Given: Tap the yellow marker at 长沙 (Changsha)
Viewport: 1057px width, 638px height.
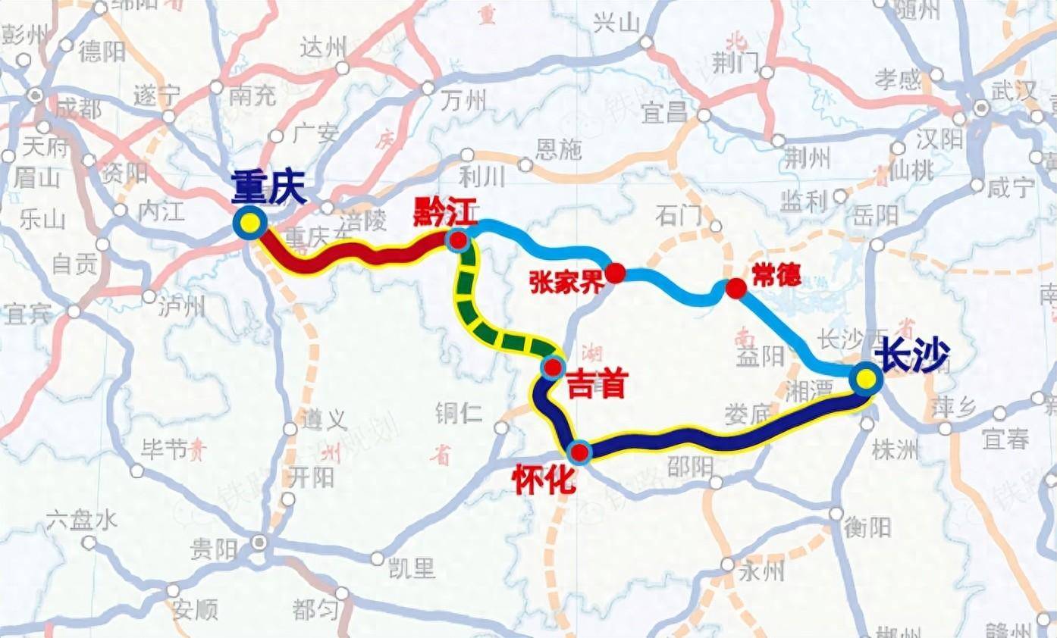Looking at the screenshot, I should pyautogui.click(x=865, y=379).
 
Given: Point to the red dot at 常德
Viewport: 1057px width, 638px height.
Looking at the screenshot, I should pyautogui.click(x=736, y=289).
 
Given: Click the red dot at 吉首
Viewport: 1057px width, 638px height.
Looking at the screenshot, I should pyautogui.click(x=553, y=368).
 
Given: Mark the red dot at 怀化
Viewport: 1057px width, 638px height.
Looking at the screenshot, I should pyautogui.click(x=579, y=452).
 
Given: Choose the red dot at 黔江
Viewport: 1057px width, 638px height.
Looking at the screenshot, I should pyautogui.click(x=458, y=241).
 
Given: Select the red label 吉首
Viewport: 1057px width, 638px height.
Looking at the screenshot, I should pyautogui.click(x=597, y=386).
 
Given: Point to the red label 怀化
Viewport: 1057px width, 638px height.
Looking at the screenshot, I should pyautogui.click(x=544, y=481).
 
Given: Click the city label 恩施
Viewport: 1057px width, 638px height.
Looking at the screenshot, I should pyautogui.click(x=559, y=149).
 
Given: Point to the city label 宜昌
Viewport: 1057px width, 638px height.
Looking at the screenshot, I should pyautogui.click(x=664, y=114).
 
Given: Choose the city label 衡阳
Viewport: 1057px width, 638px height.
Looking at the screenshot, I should pyautogui.click(x=869, y=527).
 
